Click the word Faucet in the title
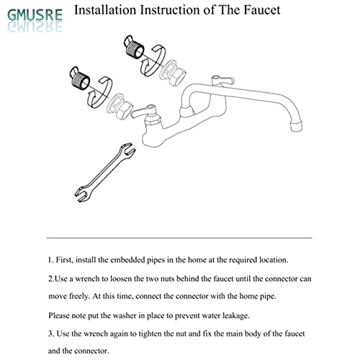[262, 10]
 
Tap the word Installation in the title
[105, 10]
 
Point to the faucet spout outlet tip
[297, 126]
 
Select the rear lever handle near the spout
[222, 81]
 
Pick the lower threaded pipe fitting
[79, 78]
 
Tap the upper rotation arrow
[153, 61]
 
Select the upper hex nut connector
[174, 73]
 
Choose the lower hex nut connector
[120, 106]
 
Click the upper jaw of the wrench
[128, 150]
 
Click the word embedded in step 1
[127, 260]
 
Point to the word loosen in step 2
[121, 279]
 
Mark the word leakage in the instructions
[236, 316]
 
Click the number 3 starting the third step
[50, 334]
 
